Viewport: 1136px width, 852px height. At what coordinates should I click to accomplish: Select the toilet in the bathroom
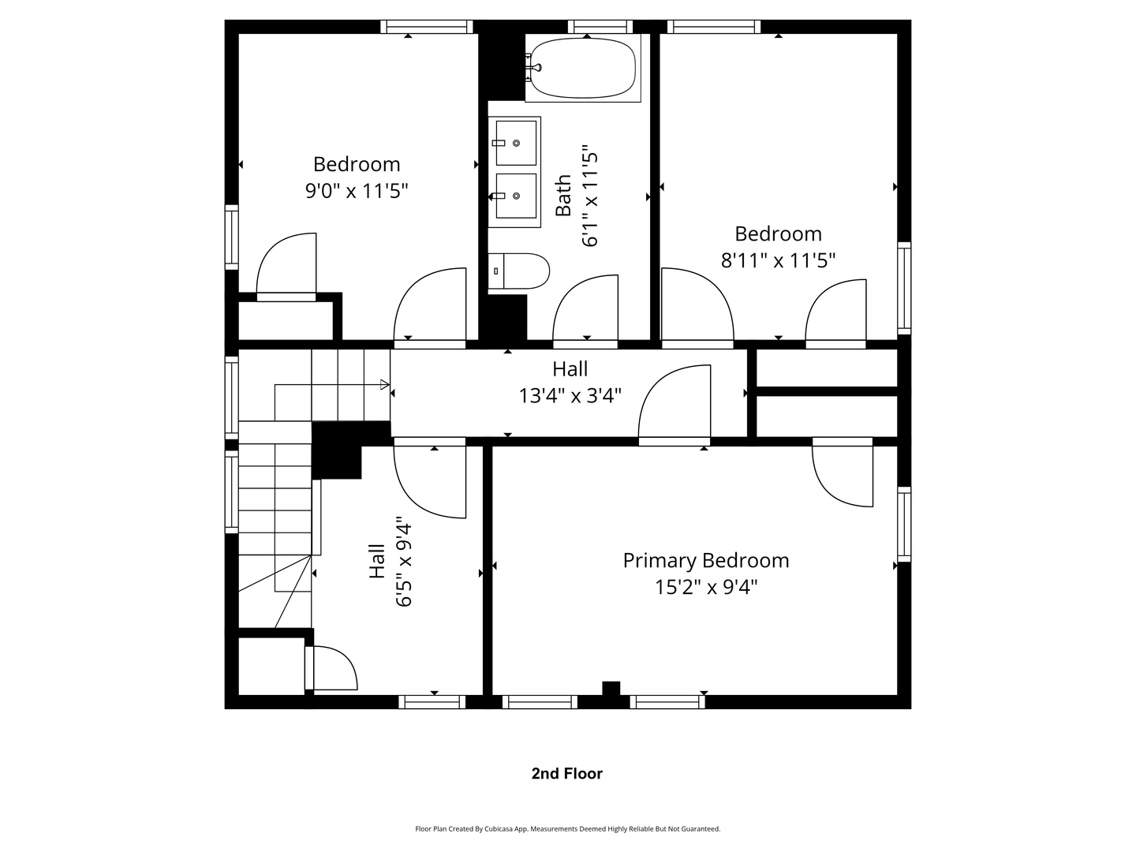pyautogui.click(x=518, y=271)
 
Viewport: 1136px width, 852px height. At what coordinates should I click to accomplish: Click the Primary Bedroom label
pyautogui.click(x=705, y=560)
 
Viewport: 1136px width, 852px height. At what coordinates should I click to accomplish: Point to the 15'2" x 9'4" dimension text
pyautogui.click(x=705, y=588)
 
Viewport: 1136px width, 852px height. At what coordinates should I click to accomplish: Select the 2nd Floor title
pyautogui.click(x=566, y=774)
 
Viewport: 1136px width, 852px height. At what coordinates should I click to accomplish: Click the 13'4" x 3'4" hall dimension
pyautogui.click(x=570, y=395)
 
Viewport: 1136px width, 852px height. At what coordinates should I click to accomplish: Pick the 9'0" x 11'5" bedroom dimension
pyautogui.click(x=357, y=191)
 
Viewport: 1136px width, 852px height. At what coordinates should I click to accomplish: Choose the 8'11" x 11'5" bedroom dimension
pyautogui.click(x=778, y=260)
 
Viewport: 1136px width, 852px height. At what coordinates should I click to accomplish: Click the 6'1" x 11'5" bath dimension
pyautogui.click(x=590, y=196)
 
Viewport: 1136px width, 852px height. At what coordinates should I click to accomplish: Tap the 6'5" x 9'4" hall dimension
pyautogui.click(x=404, y=562)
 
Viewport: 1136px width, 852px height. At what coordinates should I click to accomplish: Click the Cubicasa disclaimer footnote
pyautogui.click(x=567, y=829)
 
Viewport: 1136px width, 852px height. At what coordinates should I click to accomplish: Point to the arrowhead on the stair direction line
pyautogui.click(x=385, y=385)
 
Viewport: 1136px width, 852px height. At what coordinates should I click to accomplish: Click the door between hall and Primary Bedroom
pyautogui.click(x=674, y=404)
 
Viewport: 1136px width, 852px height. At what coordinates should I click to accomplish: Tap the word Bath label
pyautogui.click(x=563, y=196)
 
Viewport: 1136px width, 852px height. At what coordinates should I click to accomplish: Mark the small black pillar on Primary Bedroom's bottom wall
pyautogui.click(x=611, y=689)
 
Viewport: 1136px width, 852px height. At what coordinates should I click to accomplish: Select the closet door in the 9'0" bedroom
pyautogui.click(x=286, y=267)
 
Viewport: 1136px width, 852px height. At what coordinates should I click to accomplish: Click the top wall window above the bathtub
pyautogui.click(x=600, y=27)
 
